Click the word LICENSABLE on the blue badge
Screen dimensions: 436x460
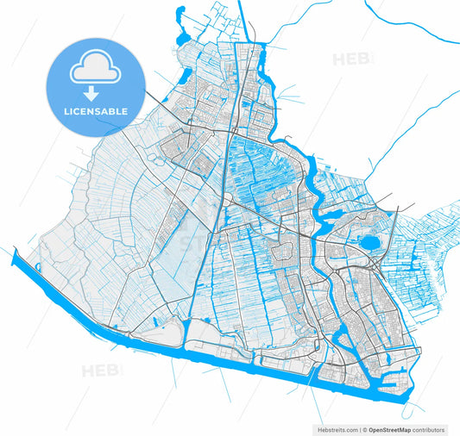[95, 111]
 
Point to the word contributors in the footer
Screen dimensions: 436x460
[429, 429]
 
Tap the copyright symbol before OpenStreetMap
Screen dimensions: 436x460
[364, 429]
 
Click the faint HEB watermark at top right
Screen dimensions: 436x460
[352, 59]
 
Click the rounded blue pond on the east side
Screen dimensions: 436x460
[369, 244]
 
